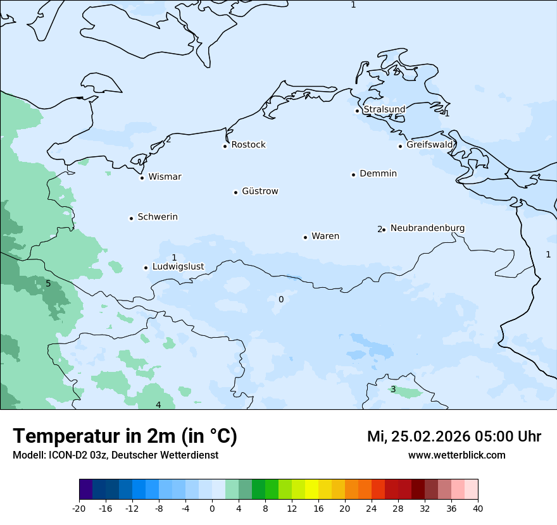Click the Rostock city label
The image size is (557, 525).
point(248,145)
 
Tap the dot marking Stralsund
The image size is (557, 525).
point(358,111)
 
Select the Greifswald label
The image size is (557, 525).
point(430,145)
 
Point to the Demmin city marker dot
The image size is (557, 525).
point(354,175)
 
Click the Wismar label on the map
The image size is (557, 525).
point(165,177)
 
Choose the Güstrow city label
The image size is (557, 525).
point(260,192)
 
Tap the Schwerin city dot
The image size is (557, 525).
point(132,218)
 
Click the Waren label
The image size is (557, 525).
point(325,237)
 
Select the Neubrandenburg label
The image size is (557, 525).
point(427,228)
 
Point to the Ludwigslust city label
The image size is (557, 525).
point(178,267)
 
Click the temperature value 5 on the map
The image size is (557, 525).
point(48,284)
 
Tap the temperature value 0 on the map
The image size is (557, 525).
point(281,299)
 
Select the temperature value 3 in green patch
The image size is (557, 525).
point(393,390)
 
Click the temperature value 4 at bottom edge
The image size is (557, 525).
point(158,405)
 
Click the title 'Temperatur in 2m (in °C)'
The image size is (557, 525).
point(125,436)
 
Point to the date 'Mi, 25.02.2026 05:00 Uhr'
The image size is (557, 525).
point(454,437)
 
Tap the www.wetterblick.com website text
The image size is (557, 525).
point(456,455)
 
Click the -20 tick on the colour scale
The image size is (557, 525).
point(79,509)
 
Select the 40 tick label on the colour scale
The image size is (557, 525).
point(478,509)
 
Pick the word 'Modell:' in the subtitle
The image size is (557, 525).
point(29,455)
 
